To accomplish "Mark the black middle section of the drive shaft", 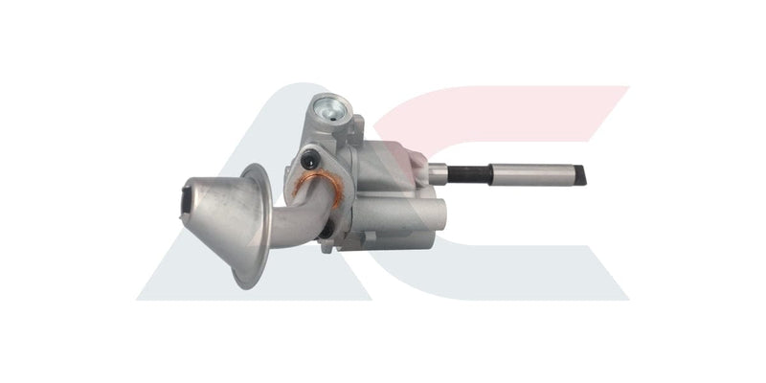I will (x=469, y=173).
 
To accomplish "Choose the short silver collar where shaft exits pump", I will (x=437, y=173).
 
